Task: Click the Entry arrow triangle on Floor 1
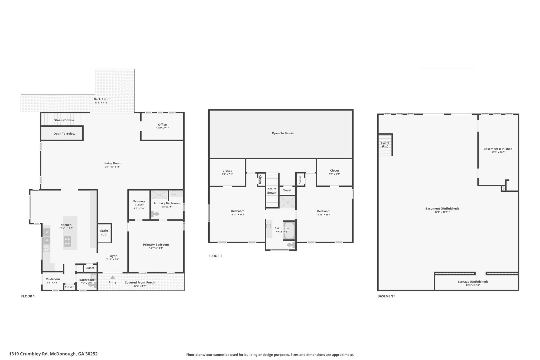coord(113,277)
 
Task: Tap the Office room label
coord(162,125)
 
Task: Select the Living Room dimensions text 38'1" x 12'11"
coord(113,167)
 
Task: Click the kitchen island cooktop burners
coord(67,241)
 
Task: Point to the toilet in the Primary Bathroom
coord(155,214)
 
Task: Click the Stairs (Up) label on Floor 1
coord(104,233)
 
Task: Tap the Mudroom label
coord(53,279)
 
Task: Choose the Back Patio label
coord(102,99)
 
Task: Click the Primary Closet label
coord(139,203)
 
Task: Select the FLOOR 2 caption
coord(215,256)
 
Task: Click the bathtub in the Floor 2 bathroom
coord(289,231)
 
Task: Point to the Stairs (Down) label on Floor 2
coord(272,191)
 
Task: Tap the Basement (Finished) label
coord(499,149)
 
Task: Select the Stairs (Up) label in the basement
coord(385,145)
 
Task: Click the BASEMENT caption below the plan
coord(386,296)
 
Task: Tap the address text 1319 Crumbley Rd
coord(29,354)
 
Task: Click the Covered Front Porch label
coord(140,282)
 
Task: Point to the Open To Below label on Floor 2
coord(283,133)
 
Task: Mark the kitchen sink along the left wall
coord(46,248)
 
